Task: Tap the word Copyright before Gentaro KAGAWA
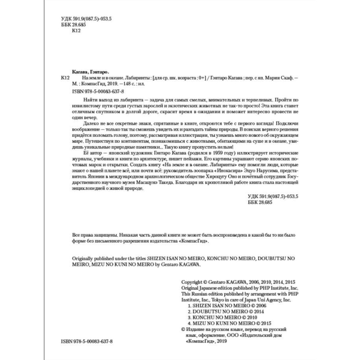point(192,282)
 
